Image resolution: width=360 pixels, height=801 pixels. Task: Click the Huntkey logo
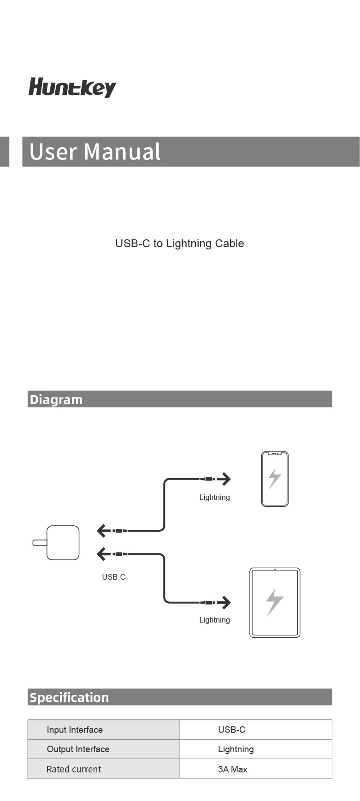coord(72,87)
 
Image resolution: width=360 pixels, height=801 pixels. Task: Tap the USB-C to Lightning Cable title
coord(180,243)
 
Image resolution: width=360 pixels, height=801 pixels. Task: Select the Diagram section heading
coord(56,399)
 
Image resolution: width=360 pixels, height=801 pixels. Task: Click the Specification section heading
coord(69,697)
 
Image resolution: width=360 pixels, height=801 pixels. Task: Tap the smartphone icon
coord(275,479)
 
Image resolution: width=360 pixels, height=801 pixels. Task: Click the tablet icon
coord(275,603)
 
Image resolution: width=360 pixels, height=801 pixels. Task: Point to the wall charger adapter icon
coord(56,543)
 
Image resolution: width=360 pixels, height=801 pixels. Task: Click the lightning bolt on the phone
coord(275,479)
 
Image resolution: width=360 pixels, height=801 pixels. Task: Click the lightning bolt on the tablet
coord(275,602)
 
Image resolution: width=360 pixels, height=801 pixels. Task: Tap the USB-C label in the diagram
coord(113,577)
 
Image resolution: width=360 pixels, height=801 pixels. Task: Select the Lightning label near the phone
coord(214,497)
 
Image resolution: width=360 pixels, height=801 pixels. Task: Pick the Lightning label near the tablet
coord(214,620)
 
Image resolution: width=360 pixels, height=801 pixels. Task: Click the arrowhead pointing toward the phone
coord(225,479)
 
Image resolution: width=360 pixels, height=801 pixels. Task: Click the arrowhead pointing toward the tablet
coord(225,602)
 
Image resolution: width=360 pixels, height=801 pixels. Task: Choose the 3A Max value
coord(233,769)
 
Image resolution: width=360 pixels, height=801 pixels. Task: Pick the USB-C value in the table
coord(232,730)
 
